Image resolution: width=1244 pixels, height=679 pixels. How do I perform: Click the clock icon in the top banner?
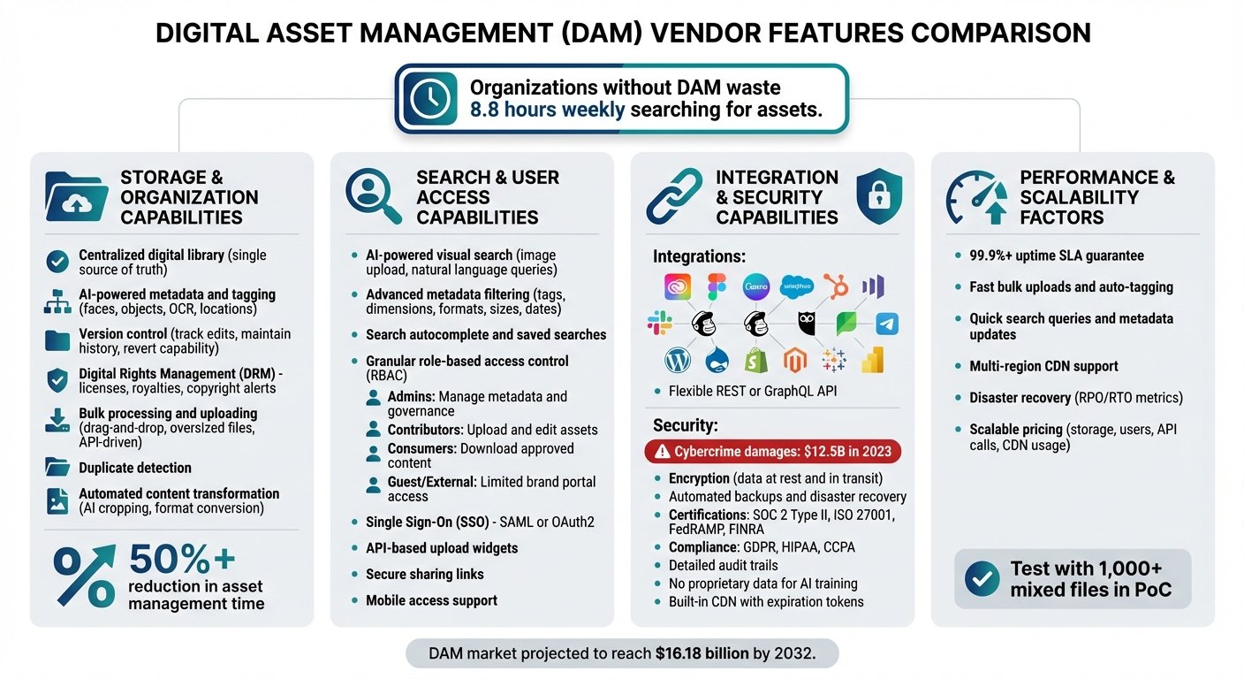tap(430, 98)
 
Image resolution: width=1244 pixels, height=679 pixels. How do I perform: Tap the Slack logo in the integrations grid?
tap(660, 323)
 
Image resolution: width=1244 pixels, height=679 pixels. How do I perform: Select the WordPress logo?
tap(678, 361)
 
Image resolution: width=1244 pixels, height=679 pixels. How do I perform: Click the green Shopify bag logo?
tap(755, 360)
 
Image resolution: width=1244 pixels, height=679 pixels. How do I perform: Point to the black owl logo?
tap(807, 323)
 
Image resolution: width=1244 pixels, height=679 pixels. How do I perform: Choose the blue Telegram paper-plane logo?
tap(887, 324)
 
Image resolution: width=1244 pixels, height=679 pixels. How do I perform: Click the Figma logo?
tap(717, 286)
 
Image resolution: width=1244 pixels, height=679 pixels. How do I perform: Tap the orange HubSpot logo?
tap(836, 286)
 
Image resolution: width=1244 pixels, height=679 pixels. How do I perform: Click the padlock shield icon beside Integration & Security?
tap(879, 196)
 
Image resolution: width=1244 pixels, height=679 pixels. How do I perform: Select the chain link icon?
tap(674, 196)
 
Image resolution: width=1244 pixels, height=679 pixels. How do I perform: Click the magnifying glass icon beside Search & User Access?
tap(373, 196)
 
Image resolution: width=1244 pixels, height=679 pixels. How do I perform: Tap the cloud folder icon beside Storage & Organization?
tap(77, 196)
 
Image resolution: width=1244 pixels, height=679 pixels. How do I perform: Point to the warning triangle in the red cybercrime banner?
tap(662, 452)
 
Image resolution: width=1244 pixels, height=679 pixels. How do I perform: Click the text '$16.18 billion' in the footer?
tap(702, 652)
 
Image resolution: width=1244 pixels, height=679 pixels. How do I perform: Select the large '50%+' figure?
tap(182, 559)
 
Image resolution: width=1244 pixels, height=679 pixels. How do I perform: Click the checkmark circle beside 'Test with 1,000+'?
tap(982, 578)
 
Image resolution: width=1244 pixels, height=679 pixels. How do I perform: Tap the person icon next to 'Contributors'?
tap(373, 430)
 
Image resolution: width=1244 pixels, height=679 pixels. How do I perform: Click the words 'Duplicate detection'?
tap(135, 468)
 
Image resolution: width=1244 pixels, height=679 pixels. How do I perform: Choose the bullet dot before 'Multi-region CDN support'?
tap(958, 366)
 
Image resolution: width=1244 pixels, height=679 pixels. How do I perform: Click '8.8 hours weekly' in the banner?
tap(547, 110)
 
